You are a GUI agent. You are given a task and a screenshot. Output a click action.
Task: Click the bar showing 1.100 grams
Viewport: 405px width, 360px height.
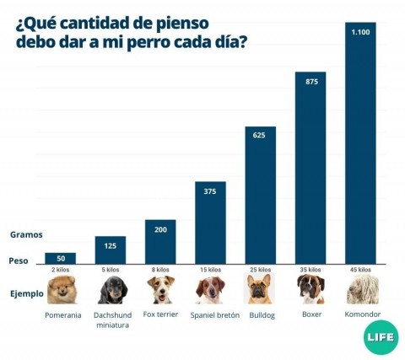pos(360,143)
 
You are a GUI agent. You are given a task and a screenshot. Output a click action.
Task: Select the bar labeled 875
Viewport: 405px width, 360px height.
pos(310,169)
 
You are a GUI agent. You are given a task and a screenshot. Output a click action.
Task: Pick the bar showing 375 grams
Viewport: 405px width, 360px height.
pos(210,223)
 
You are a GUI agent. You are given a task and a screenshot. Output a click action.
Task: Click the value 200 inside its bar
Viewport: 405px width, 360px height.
pos(160,229)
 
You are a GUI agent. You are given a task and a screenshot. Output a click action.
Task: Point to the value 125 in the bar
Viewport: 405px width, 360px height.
pos(111,245)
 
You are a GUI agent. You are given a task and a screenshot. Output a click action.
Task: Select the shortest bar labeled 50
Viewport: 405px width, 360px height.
pos(61,258)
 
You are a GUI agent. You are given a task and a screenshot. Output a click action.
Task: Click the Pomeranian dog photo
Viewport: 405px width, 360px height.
pos(61,289)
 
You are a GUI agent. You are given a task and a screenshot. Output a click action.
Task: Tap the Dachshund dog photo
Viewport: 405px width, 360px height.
pos(111,289)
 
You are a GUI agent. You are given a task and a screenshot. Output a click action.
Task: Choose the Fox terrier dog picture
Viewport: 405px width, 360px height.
pos(160,289)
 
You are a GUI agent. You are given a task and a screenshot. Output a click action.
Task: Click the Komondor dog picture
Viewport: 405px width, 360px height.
pos(361,289)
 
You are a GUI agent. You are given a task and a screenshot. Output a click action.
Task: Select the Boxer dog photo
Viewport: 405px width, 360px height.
pos(310,289)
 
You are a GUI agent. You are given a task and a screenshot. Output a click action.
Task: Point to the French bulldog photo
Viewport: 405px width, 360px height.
pos(260,289)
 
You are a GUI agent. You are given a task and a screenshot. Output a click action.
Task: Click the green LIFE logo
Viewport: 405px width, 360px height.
pos(381,337)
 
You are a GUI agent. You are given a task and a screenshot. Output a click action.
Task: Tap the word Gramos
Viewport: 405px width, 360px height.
pos(26,234)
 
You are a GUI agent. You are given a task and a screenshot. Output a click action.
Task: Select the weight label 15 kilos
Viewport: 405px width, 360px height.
pos(210,270)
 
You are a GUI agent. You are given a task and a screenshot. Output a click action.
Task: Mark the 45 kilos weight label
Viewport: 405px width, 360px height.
pos(360,270)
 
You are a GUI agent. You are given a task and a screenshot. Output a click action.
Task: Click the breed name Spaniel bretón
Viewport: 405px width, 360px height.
pos(215,315)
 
